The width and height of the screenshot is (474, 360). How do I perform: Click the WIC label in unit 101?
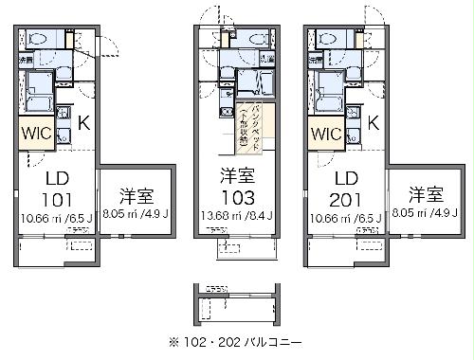click(37, 133)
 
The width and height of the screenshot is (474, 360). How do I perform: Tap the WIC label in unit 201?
click(324, 133)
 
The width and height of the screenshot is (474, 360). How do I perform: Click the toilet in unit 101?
click(39, 40)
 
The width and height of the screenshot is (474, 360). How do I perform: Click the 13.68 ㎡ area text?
click(217, 216)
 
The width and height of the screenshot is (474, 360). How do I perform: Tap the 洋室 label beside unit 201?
click(427, 196)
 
